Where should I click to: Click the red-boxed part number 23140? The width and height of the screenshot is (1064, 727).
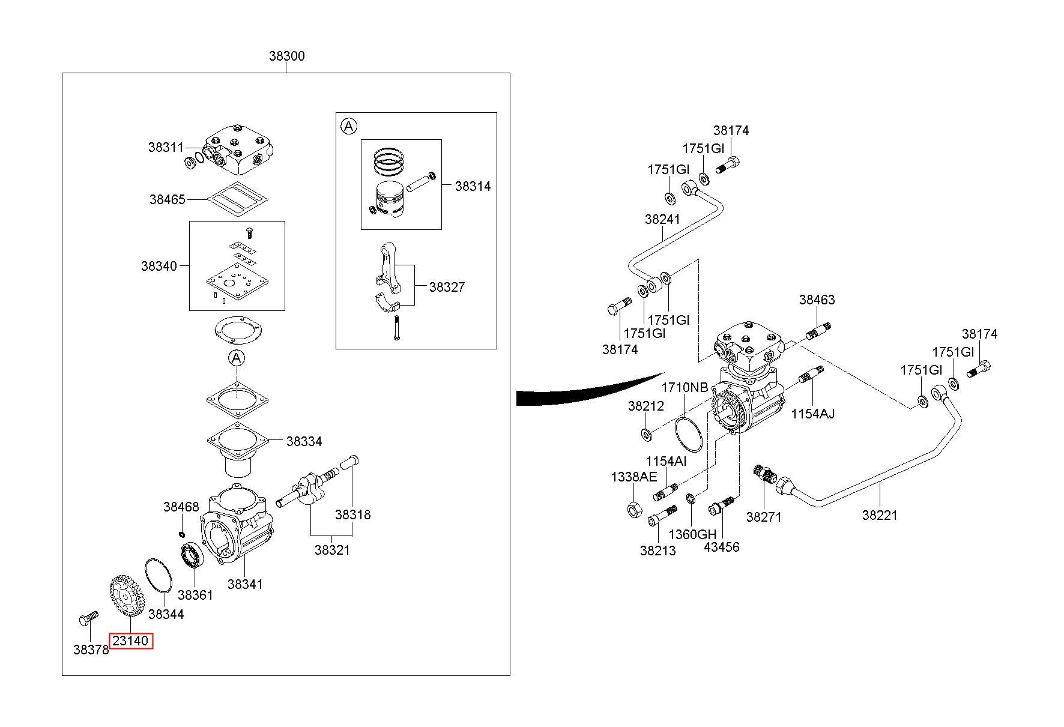click(x=130, y=641)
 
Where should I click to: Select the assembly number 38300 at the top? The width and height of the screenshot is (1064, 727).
click(x=286, y=56)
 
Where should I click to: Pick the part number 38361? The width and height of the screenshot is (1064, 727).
click(x=196, y=595)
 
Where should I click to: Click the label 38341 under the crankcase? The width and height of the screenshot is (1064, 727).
click(x=245, y=584)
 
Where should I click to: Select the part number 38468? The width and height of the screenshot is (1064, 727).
click(x=181, y=507)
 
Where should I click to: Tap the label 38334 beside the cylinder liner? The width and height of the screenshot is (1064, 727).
click(x=304, y=441)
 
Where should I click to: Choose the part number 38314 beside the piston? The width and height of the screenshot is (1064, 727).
click(x=473, y=186)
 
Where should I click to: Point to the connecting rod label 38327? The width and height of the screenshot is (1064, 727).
click(x=447, y=287)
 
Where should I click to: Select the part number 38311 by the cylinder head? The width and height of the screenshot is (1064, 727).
click(x=166, y=147)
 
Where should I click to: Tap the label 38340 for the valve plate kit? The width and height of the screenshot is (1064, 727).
click(x=159, y=265)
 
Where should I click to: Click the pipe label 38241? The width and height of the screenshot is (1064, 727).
click(x=662, y=219)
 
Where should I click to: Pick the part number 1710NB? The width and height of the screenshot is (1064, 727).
click(x=685, y=387)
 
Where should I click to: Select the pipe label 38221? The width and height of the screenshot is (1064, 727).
click(x=880, y=514)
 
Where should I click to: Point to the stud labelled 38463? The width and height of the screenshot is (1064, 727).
click(x=817, y=331)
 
